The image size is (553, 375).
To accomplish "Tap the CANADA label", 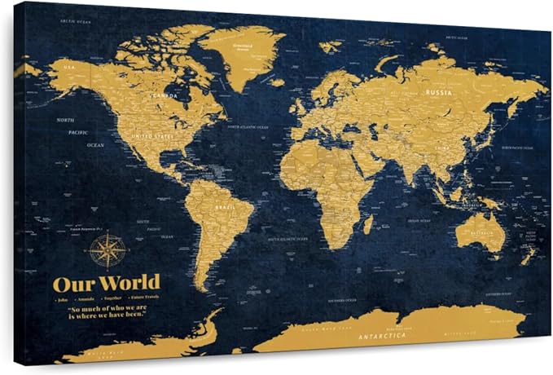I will click(165, 97).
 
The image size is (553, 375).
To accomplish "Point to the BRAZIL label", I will click(226, 208).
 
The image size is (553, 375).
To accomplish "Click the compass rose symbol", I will click(107, 250).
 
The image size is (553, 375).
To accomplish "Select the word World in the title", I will click(127, 284).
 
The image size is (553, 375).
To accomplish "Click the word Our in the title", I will click(71, 285).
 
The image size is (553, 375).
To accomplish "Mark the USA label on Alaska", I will click(69, 66).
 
